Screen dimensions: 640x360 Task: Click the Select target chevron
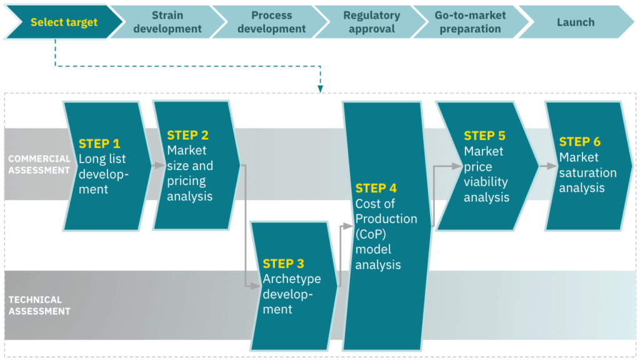point(64,22)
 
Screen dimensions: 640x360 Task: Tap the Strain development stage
point(167,22)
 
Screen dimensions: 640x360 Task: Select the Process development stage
point(271,22)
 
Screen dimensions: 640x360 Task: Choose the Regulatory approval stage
point(371,22)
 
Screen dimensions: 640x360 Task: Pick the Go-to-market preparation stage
point(470,22)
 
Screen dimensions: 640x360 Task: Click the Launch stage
point(576,22)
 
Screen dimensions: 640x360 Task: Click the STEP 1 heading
point(99,144)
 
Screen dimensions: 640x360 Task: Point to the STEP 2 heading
point(187,135)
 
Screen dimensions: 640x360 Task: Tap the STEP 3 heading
point(283,264)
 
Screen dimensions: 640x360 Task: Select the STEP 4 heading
point(376,188)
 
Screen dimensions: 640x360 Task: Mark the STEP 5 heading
point(484,136)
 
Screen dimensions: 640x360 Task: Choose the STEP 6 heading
point(579,142)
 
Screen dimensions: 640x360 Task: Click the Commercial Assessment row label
point(39,164)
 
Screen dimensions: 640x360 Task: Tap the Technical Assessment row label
point(39,305)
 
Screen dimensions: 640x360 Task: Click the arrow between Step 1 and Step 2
point(158,165)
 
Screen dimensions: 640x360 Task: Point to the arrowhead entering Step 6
point(551,166)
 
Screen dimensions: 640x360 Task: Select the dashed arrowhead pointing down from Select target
point(321,89)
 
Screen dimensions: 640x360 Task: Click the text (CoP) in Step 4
point(371,234)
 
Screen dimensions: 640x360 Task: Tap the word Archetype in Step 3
point(292,279)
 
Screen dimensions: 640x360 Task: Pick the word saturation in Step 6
point(587,172)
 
